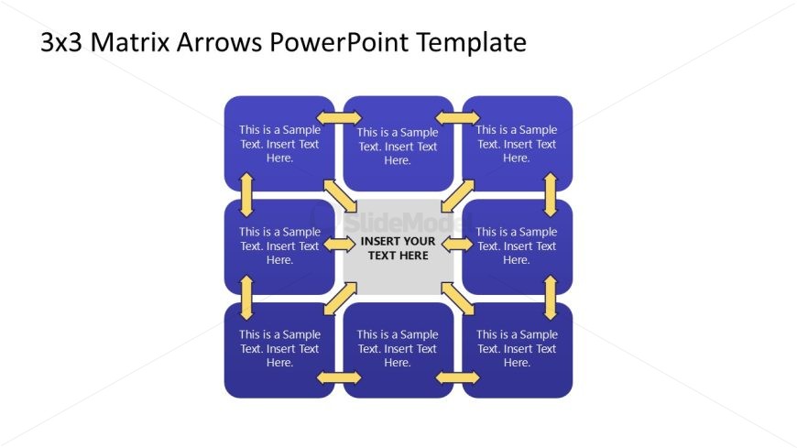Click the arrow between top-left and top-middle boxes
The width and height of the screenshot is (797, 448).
pyautogui.click(x=339, y=117)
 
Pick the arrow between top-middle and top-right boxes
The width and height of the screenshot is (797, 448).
pyautogui.click(x=458, y=117)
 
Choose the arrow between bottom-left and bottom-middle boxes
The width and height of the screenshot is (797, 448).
pyautogui.click(x=339, y=377)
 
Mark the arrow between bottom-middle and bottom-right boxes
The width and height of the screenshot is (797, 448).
pyautogui.click(x=458, y=377)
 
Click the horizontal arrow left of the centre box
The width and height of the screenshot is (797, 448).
pyautogui.click(x=339, y=244)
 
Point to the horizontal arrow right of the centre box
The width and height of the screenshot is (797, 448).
pyautogui.click(x=458, y=244)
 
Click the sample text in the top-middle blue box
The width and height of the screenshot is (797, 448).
pyautogui.click(x=398, y=147)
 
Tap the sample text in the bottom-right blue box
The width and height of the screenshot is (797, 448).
pyautogui.click(x=517, y=348)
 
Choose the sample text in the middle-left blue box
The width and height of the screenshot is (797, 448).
pyautogui.click(x=279, y=246)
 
